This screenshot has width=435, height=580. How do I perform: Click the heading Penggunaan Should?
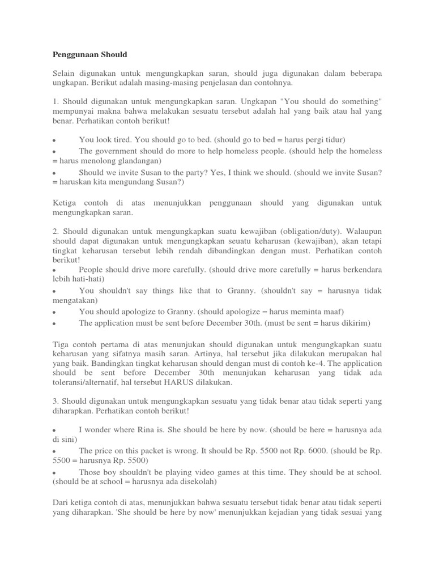pos(90,54)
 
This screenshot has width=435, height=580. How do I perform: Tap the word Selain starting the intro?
pos(65,73)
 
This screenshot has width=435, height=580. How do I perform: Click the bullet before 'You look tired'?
pos(53,140)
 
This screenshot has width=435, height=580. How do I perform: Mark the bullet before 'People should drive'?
pos(53,270)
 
